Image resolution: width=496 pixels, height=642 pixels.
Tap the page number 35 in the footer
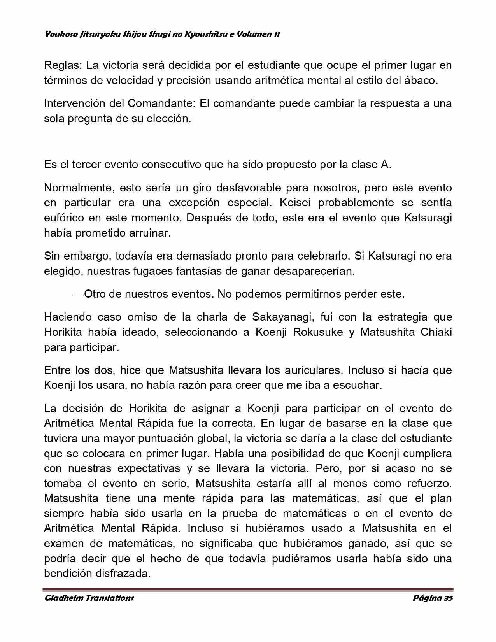coord(448,598)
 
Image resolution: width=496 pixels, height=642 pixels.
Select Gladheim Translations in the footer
coord(89,598)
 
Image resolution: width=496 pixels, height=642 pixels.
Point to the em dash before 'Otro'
coord(78,294)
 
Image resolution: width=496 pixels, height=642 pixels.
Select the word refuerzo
coord(429,484)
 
